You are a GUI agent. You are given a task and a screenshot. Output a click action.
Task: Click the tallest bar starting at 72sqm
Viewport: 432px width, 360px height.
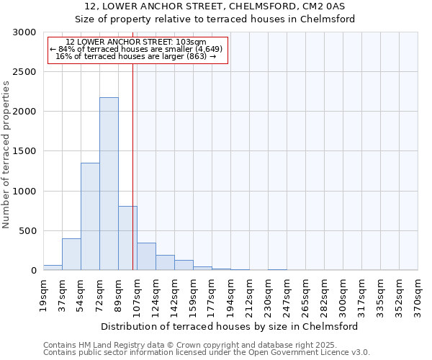coord(109,184)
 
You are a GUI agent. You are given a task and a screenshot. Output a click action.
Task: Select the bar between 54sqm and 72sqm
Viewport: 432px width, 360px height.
coord(90,216)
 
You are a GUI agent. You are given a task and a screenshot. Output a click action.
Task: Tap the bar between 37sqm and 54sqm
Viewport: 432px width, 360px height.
coord(71,254)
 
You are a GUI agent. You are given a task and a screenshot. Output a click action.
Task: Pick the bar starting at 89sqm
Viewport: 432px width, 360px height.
coord(127,238)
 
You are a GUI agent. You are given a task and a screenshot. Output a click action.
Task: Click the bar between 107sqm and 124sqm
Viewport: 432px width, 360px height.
coord(146,256)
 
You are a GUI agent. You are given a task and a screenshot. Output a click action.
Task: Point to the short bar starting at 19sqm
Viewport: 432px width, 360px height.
coord(53,267)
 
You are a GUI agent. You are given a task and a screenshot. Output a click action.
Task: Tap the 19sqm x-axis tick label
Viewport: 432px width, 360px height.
coord(44,294)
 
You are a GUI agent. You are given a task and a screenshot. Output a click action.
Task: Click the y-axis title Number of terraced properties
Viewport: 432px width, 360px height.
coord(6,155)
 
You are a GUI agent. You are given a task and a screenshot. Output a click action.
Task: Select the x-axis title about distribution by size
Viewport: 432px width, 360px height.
coord(230,326)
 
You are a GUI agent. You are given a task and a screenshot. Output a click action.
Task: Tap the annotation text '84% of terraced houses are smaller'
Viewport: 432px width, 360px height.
coord(137,49)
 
